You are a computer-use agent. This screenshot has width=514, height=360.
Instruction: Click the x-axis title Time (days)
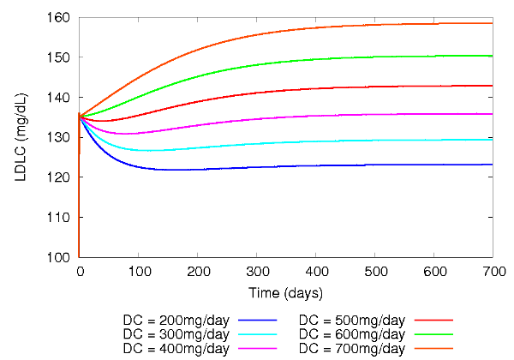point(286,293)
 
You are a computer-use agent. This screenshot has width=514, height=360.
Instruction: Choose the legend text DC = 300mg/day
point(176,333)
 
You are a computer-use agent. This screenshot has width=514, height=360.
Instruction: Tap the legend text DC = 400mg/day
point(176,348)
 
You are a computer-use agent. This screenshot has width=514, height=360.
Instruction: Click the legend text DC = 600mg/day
point(350,333)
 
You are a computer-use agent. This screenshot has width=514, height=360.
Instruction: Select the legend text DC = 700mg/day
point(350,348)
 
